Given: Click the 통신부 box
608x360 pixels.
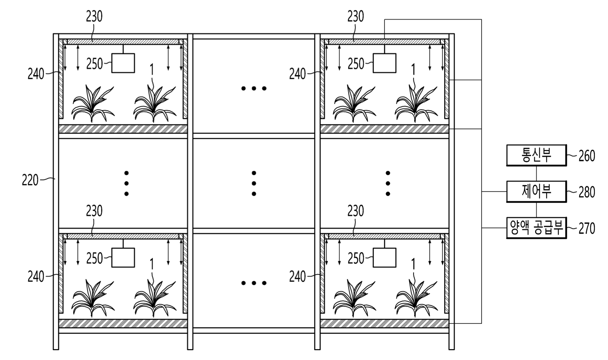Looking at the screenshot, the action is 536,155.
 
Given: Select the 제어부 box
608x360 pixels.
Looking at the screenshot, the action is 536,192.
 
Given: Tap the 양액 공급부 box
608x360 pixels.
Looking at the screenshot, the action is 536,228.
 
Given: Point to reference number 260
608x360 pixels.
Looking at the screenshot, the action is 586,156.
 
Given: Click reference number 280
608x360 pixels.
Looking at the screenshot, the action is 586,192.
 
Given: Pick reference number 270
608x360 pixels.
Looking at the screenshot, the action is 586,229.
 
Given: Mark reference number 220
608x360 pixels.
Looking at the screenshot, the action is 30,180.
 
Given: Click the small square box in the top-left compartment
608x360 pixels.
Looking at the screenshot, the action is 123,63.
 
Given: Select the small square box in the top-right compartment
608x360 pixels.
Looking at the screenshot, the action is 384,63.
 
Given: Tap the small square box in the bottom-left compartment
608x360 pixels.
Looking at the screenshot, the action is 123,257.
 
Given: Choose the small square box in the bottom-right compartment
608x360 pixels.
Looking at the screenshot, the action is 384,257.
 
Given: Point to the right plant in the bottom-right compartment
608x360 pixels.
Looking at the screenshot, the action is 416,298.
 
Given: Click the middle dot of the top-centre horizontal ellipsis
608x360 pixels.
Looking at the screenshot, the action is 254,88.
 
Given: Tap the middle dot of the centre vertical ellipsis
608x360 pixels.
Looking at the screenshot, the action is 254,183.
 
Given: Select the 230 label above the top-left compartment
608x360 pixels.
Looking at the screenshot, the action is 94,16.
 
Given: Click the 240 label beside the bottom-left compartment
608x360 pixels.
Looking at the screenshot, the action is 36,277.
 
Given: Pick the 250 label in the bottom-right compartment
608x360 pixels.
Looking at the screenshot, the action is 356,258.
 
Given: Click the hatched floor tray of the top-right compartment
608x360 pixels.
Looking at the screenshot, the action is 384,129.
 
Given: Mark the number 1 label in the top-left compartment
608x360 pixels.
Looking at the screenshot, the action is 152,70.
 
